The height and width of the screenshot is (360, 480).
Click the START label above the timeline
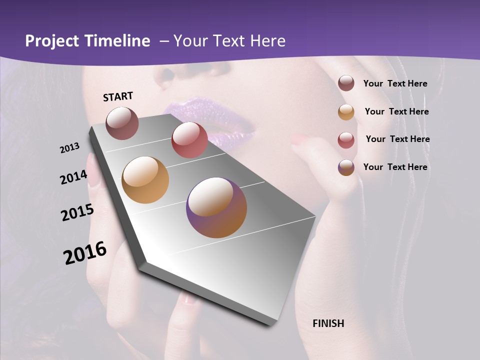pos(118,96)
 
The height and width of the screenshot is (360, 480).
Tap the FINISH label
pos(328,323)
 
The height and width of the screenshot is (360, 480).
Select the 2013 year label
pos(70,148)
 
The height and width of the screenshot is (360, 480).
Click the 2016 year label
pos(85,253)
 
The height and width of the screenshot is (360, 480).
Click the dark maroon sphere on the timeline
pos(122,123)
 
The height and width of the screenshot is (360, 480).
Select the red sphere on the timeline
pos(189,140)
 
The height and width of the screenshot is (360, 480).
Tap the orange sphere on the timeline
pos(145,180)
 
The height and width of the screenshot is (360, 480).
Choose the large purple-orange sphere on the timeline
pos(216,207)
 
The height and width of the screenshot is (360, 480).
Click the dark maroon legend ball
pos(346,83)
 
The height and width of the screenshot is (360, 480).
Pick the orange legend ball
pos(346,112)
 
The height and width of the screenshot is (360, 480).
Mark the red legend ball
pos(346,140)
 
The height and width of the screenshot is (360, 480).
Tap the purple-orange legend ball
pos(346,167)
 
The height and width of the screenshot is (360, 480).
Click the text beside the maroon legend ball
pos(395,83)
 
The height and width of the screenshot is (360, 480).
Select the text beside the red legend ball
pos(397,139)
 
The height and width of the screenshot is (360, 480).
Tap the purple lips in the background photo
pos(210,120)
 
